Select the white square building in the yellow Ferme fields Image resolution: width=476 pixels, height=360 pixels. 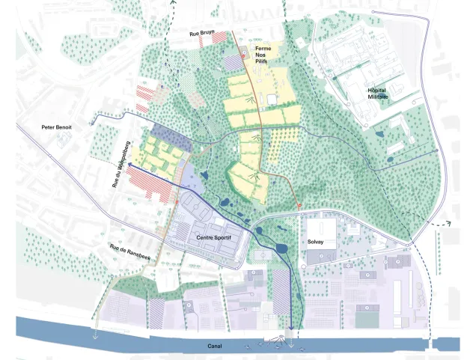point(270,99)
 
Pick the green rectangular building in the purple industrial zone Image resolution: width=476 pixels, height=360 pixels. point(366,318)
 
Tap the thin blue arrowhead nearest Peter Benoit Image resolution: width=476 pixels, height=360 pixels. point(94,118)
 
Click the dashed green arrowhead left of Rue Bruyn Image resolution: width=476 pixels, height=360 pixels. point(174,4)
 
